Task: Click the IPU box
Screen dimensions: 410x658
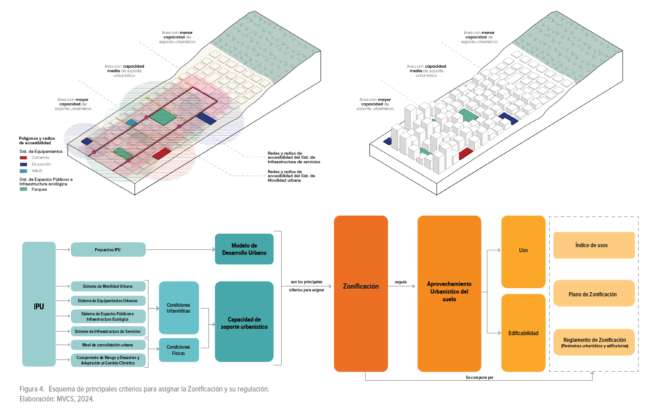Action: [x=39, y=304]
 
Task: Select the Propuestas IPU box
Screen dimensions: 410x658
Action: [x=108, y=249]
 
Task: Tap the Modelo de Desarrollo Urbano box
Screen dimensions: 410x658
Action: [x=244, y=249]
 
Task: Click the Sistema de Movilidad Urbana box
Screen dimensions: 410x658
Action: [x=108, y=286]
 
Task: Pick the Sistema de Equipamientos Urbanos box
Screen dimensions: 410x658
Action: [x=108, y=301]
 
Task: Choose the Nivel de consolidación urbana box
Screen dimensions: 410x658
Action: [x=108, y=345]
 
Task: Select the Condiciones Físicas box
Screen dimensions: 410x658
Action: [x=179, y=350]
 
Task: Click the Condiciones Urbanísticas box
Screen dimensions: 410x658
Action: [x=179, y=308]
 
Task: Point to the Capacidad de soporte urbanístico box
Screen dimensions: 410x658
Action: [x=244, y=322]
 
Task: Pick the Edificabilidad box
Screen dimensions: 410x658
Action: [x=524, y=333]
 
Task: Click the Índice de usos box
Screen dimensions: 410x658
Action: [x=594, y=245]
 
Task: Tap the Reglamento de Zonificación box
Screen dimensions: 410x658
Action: [x=594, y=342]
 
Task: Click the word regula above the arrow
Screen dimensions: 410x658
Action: [x=401, y=282]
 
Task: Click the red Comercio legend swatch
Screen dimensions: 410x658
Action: [x=23, y=158]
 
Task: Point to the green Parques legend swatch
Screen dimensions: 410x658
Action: [x=23, y=189]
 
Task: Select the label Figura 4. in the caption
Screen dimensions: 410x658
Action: [x=32, y=389]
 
